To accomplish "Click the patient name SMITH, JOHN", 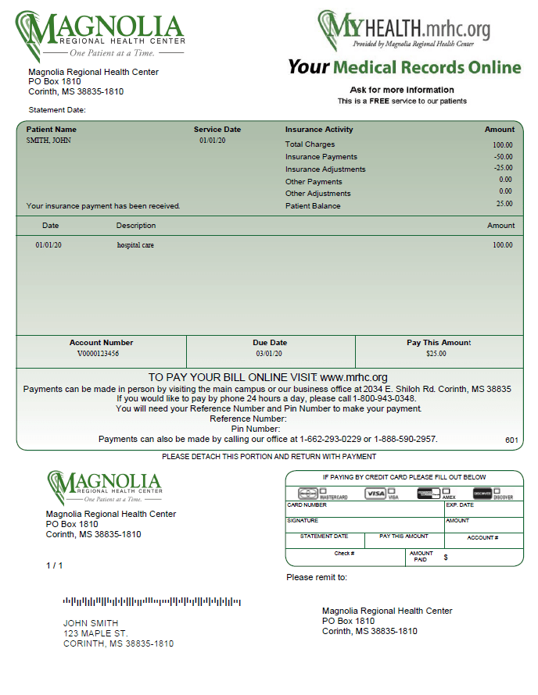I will [48, 141].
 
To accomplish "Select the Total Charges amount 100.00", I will [502, 145].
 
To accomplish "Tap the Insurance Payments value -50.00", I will [502, 157].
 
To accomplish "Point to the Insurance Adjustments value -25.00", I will [503, 168].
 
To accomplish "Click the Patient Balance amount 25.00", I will [504, 204].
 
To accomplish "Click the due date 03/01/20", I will [271, 354].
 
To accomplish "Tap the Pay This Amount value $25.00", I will [436, 354].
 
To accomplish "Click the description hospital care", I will [134, 245].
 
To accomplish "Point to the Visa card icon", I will [376, 494].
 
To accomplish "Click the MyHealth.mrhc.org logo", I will [404, 29].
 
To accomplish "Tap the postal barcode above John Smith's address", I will [152, 602].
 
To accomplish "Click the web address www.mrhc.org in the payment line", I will [353, 377].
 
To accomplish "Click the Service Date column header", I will [217, 130].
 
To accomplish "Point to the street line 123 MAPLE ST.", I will [95, 633].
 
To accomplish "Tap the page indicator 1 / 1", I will [54, 565].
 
